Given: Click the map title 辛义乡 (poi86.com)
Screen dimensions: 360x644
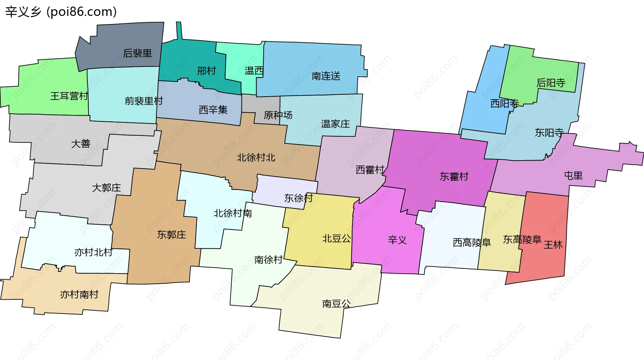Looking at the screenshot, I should pyautogui.click(x=61, y=12).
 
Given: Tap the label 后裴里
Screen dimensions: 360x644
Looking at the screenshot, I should pyautogui.click(x=138, y=53).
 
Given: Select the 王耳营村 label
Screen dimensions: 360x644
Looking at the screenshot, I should pyautogui.click(x=69, y=96).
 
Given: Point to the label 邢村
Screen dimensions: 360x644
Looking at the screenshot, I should pyautogui.click(x=206, y=71).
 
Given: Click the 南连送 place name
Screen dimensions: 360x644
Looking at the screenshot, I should pyautogui.click(x=326, y=76).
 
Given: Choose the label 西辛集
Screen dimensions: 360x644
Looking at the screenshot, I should pyautogui.click(x=213, y=110).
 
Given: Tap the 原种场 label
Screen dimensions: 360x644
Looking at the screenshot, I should pyautogui.click(x=278, y=115).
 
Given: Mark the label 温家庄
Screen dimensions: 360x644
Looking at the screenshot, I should pyautogui.click(x=335, y=124).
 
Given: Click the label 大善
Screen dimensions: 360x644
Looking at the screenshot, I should pyautogui.click(x=81, y=144).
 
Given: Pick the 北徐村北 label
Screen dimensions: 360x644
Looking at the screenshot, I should pyautogui.click(x=256, y=158).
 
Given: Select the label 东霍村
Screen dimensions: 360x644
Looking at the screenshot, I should pyautogui.click(x=454, y=177).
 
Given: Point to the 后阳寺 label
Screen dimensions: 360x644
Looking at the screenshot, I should pyautogui.click(x=551, y=83).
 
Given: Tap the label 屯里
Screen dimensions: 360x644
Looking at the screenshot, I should pyautogui.click(x=573, y=176).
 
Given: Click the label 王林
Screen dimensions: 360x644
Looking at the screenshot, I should pyautogui.click(x=553, y=245).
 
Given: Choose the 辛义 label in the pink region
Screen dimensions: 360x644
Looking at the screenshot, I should pyautogui.click(x=397, y=240).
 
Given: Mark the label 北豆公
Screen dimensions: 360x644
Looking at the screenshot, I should pyautogui.click(x=336, y=239).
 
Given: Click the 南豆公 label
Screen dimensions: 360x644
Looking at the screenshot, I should pyautogui.click(x=336, y=304).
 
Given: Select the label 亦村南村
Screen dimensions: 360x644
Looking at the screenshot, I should pyautogui.click(x=79, y=295).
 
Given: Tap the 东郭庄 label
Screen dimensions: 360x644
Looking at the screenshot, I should pyautogui.click(x=171, y=235).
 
